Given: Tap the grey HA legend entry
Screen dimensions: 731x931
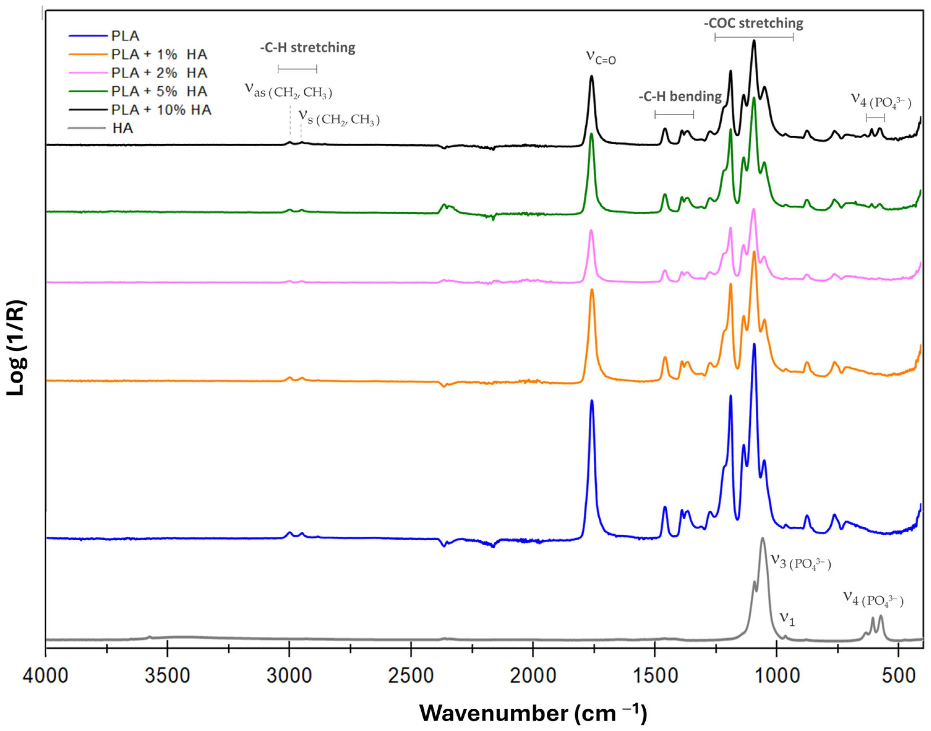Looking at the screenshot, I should pyautogui.click(x=123, y=128).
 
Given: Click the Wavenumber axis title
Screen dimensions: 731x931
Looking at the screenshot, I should pyautogui.click(x=533, y=712).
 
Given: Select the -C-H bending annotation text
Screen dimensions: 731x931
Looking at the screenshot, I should pyautogui.click(x=680, y=97).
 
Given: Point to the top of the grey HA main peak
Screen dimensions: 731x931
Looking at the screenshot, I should pyautogui.click(x=762, y=538).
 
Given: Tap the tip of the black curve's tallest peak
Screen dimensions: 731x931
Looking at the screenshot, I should pyautogui.click(x=754, y=41).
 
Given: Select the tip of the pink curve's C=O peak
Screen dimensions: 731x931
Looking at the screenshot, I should pyautogui.click(x=591, y=231).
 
